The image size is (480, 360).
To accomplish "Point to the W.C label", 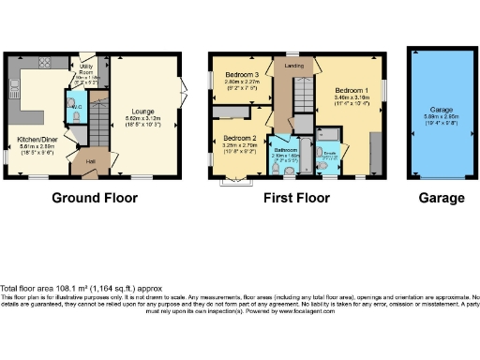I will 81,105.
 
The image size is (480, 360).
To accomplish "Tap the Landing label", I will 292,65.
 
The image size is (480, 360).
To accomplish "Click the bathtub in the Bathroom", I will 284,167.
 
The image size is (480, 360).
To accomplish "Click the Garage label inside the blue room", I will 441,108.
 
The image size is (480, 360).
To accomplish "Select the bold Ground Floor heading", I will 94,198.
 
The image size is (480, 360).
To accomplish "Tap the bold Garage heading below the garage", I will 441,198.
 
